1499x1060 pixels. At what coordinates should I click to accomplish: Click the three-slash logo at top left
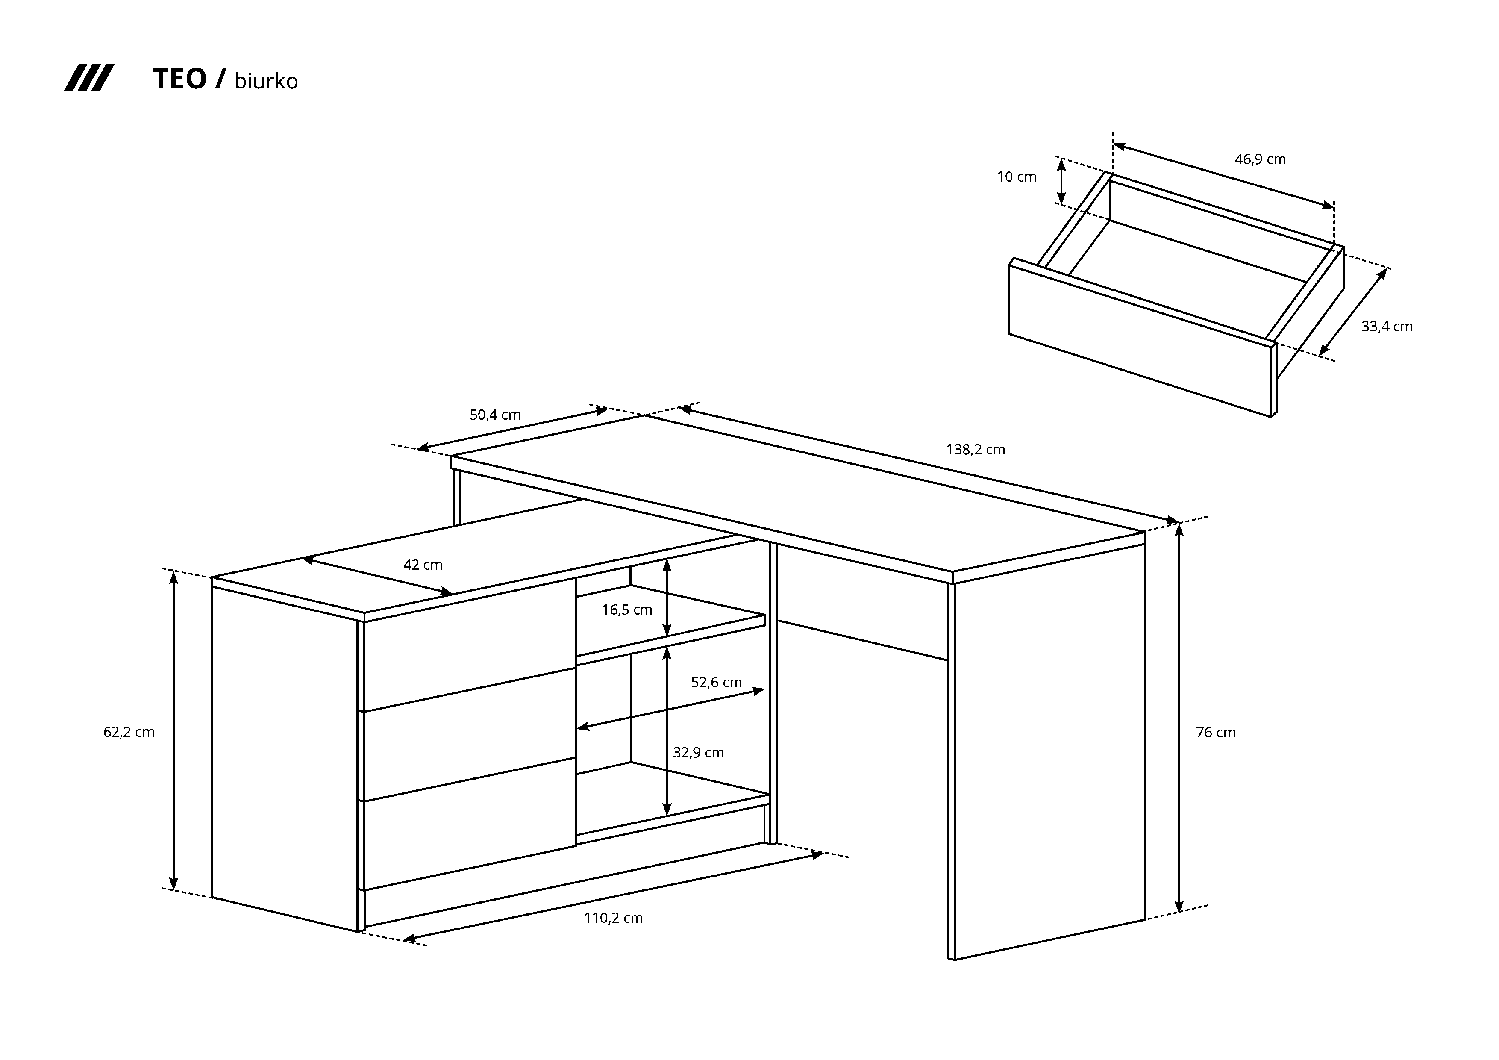tap(89, 78)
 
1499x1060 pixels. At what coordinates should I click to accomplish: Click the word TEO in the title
tap(179, 79)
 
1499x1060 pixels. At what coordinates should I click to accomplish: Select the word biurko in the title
tap(266, 81)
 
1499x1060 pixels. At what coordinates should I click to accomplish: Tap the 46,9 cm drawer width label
tap(1260, 159)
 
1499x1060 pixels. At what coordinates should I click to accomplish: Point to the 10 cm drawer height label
tap(1017, 177)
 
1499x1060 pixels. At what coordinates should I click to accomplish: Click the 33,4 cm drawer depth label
tap(1387, 327)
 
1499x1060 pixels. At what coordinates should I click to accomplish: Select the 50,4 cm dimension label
tap(495, 415)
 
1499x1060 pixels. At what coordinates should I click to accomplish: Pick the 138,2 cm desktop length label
tap(976, 449)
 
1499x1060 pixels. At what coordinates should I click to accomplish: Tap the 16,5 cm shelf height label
tap(627, 610)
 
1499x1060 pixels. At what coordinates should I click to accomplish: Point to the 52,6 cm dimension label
tap(716, 683)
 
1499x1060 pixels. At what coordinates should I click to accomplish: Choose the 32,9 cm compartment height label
tap(699, 752)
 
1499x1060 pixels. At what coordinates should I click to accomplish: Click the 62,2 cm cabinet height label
tap(129, 732)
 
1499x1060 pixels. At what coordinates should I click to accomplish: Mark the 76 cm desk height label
tap(1216, 733)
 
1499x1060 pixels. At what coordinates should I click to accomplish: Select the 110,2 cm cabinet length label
tap(613, 918)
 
